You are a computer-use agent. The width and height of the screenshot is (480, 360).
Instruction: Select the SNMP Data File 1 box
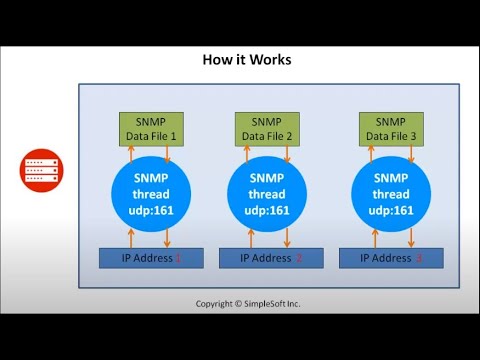coord(151,128)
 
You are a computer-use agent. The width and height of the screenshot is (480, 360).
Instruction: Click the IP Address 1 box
coord(151,258)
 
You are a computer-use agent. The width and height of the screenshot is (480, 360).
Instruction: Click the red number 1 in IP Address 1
coord(179,258)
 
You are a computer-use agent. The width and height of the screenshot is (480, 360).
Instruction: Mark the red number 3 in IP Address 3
coord(418,258)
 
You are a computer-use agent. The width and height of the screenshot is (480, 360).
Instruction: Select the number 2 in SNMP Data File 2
coord(288,135)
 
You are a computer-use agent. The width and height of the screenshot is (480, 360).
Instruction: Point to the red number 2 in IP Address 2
coord(298,258)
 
